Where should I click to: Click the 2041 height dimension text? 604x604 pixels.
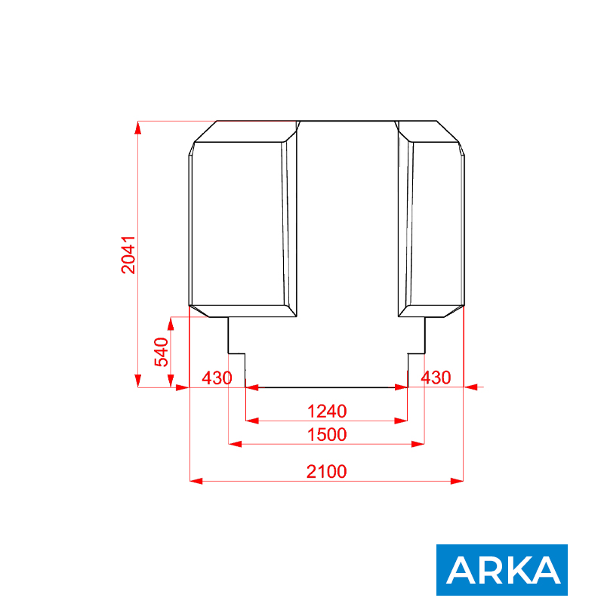click(128, 255)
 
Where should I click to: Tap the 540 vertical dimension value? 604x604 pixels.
click(162, 352)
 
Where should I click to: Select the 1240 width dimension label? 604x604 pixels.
click(327, 411)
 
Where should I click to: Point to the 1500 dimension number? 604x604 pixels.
click(327, 435)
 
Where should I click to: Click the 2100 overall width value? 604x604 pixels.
click(327, 471)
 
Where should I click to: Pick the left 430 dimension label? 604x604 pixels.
click(217, 378)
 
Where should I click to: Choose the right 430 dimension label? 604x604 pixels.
click(436, 378)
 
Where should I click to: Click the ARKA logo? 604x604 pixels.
click(502, 570)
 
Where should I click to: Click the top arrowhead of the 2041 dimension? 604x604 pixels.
click(138, 128)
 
